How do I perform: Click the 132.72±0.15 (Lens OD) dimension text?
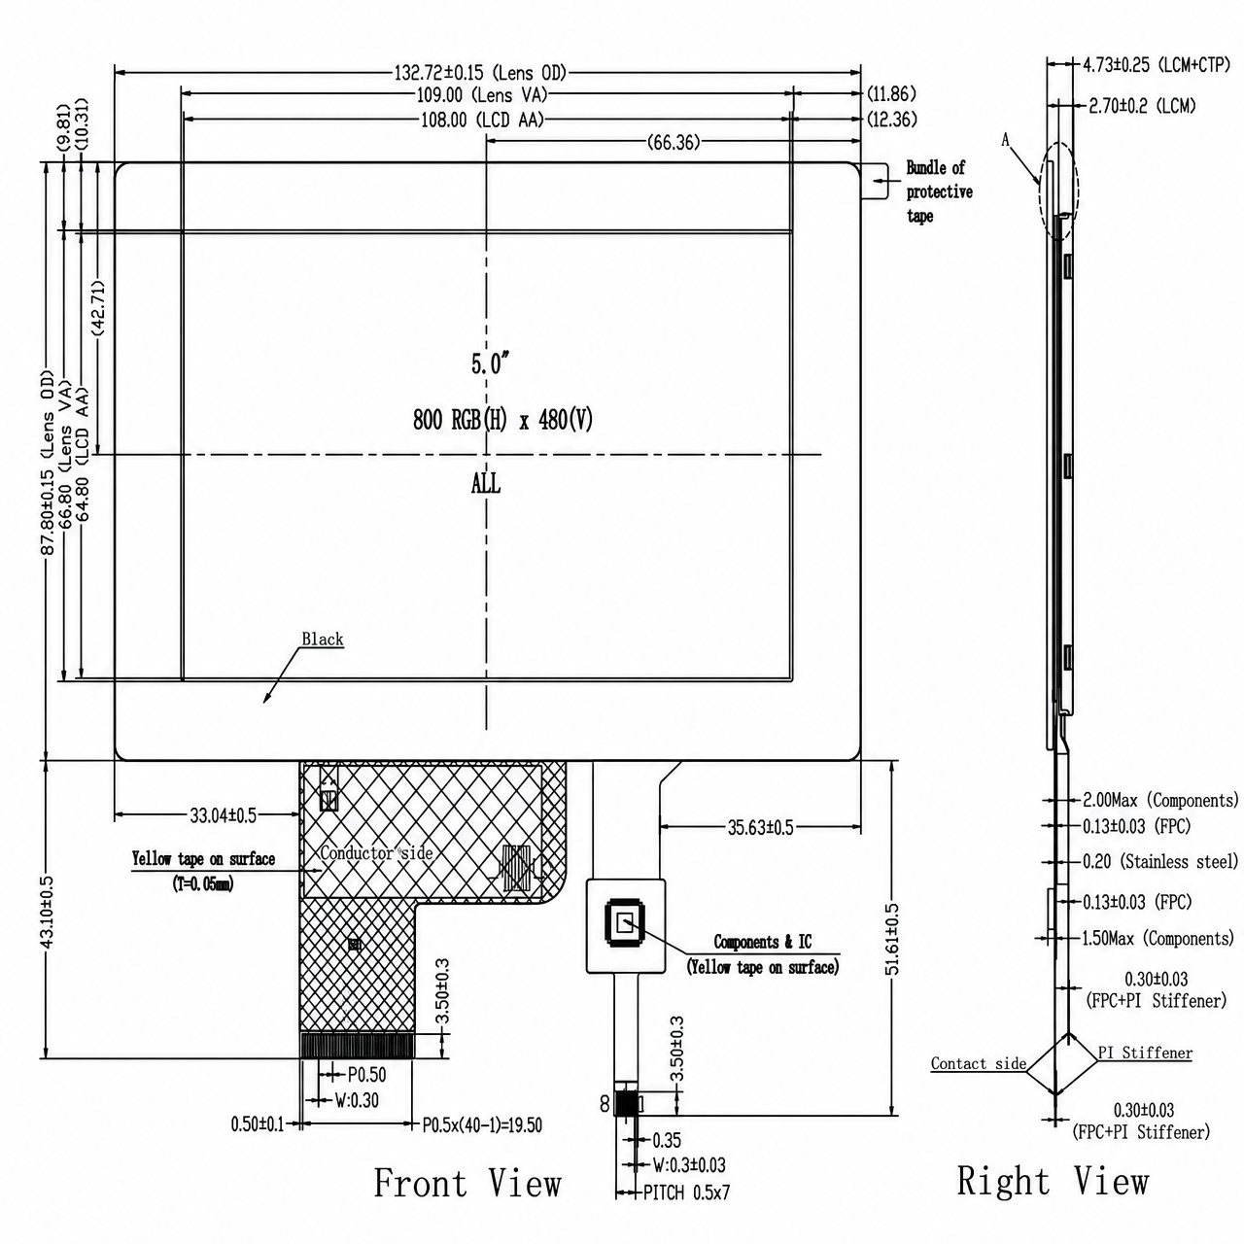(x=480, y=72)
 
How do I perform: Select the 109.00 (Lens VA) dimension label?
(x=482, y=95)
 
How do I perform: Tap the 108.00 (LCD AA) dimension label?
(x=482, y=121)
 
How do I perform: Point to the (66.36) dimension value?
(x=674, y=142)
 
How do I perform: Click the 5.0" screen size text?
(x=491, y=363)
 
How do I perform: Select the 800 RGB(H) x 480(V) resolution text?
(x=502, y=420)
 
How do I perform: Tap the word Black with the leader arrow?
(x=322, y=639)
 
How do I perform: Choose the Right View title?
(x=1053, y=1181)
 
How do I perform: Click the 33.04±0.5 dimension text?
(x=223, y=815)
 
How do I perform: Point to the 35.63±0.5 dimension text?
(x=760, y=828)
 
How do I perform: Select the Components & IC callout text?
(x=762, y=942)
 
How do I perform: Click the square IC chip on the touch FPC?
(x=624, y=923)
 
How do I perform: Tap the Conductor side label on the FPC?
(x=376, y=852)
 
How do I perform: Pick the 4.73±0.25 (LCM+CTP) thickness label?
(x=1157, y=64)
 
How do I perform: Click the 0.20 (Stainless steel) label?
(x=1160, y=861)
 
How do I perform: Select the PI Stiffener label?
(x=1145, y=1053)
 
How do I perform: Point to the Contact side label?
(x=978, y=1063)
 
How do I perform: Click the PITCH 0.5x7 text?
(x=686, y=1192)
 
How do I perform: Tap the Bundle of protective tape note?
(x=939, y=191)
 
